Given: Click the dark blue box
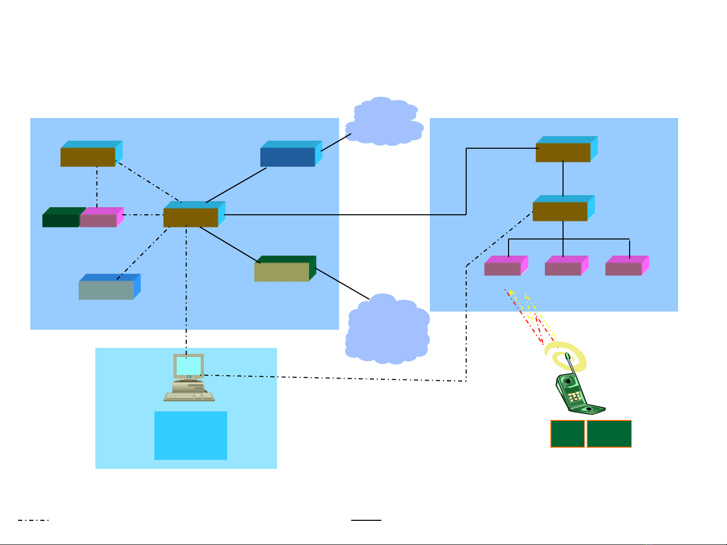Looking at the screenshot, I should click(288, 157).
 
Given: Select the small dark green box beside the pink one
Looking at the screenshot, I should click(61, 220).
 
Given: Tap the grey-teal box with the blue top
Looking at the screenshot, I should click(106, 290).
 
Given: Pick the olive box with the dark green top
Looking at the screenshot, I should click(282, 272).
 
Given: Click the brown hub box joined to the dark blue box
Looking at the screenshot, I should click(191, 217).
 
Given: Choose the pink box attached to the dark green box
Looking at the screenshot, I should click(98, 220).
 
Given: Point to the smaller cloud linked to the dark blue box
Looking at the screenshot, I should click(384, 122).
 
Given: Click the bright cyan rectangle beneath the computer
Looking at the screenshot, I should click(190, 436).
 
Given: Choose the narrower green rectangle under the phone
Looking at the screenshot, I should click(568, 434).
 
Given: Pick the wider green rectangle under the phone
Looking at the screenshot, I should click(609, 434).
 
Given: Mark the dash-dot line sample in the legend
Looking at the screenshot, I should click(33, 520).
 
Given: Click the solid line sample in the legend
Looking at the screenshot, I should click(366, 520).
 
